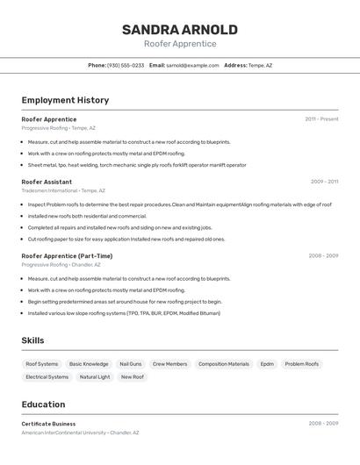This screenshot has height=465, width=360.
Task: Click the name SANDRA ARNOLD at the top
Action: [x=179, y=29]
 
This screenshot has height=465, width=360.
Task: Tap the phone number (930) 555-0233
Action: [x=126, y=65]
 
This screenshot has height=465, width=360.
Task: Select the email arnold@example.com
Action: [x=192, y=65]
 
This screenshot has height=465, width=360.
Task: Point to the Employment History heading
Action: [x=65, y=100]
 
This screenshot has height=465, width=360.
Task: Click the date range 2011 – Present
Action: [x=321, y=119]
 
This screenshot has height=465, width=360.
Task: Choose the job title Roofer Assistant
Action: [x=47, y=182]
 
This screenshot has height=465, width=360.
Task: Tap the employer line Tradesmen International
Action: [x=63, y=190]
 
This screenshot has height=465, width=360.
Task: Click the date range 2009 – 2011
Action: [x=324, y=182]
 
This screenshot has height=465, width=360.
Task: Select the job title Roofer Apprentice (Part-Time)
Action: [x=67, y=256]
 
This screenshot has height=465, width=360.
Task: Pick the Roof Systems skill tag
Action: [x=42, y=363]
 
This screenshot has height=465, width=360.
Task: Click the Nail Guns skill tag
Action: [x=130, y=363]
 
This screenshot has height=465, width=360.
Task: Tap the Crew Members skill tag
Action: [x=169, y=363]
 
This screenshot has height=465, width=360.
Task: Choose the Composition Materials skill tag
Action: [x=223, y=363]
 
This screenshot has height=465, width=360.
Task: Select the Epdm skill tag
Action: [x=267, y=363]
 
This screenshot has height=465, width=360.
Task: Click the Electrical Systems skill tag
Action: [x=47, y=376]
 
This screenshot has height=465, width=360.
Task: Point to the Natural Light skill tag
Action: [x=95, y=376]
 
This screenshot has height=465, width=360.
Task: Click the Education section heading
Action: [x=43, y=404]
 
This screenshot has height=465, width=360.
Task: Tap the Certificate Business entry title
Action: [x=48, y=424]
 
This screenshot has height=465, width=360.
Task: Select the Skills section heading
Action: [x=32, y=340]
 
